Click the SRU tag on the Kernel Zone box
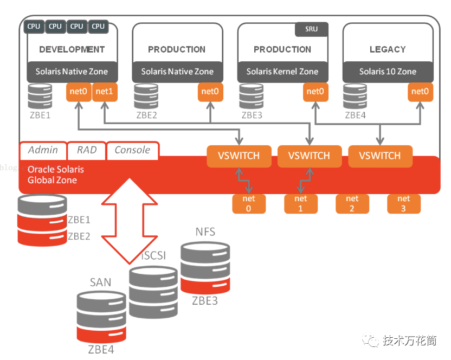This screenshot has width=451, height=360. [x=312, y=29]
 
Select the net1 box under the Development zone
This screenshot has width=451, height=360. [x=105, y=92]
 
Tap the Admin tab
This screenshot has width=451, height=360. [x=43, y=150]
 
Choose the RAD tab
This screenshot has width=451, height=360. [x=87, y=150]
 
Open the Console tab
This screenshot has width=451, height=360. [x=132, y=150]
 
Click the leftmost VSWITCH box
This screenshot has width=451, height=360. [x=239, y=156]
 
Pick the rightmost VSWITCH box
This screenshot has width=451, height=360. [x=380, y=156]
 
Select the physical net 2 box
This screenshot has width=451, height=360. [x=352, y=204]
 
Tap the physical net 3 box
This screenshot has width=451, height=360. [x=403, y=204]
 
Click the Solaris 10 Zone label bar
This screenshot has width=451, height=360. [x=388, y=72]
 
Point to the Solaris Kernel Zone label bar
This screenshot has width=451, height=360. [x=282, y=72]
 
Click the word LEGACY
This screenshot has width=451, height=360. [x=388, y=49]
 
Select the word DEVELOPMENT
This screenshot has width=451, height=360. [x=72, y=49]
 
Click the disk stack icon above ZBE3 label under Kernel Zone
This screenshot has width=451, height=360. [x=252, y=97]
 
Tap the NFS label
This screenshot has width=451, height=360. [x=205, y=232]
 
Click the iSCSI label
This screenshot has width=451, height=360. [x=154, y=255]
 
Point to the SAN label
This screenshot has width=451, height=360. [x=100, y=282]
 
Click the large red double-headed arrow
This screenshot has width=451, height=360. [x=130, y=221]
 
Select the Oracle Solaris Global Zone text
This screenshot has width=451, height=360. [x=56, y=175]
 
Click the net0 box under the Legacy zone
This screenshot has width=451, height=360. [x=420, y=92]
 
